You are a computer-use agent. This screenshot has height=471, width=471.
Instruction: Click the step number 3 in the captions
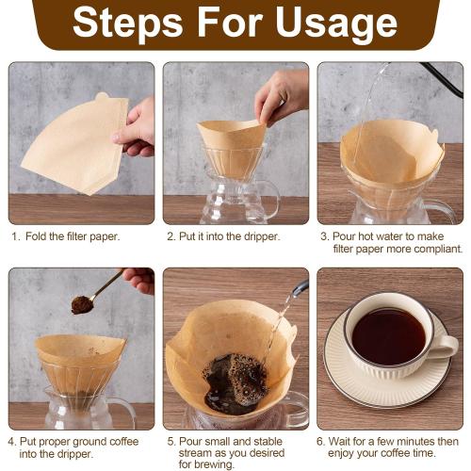[x=324, y=236]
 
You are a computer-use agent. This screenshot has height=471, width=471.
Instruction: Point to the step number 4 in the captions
[x=11, y=441]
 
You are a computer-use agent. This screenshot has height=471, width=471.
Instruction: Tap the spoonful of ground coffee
[x=82, y=304]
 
